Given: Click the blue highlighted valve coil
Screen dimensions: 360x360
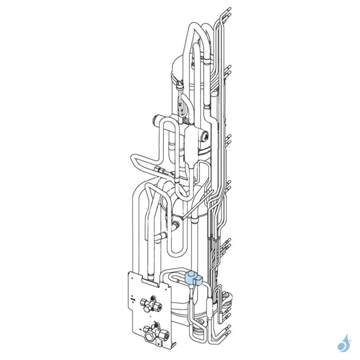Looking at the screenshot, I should click(x=193, y=278).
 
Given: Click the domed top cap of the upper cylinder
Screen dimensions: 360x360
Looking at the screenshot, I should click(x=180, y=60).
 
